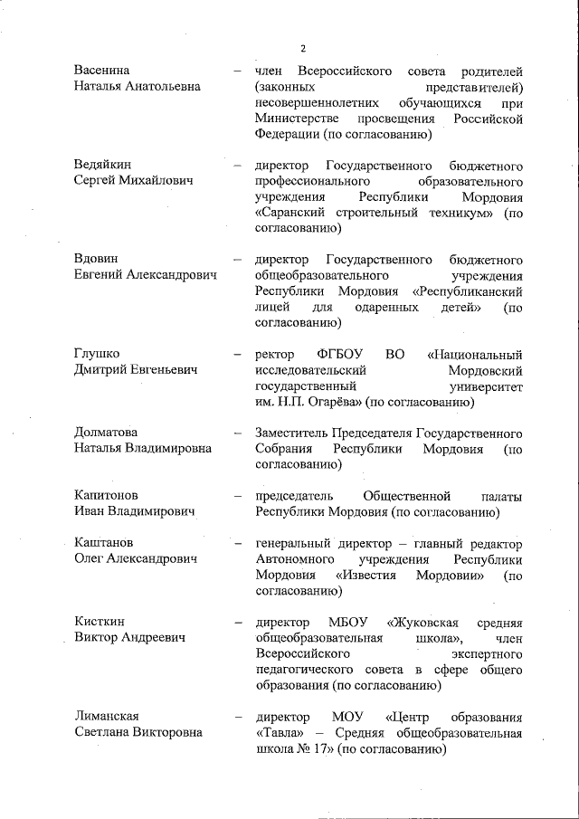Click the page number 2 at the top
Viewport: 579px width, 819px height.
coord(304,48)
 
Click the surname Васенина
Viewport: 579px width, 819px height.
coord(101,71)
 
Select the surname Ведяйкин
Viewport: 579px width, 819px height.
coord(102,166)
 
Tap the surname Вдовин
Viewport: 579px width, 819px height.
coord(97,259)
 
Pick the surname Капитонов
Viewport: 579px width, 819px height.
coord(106,496)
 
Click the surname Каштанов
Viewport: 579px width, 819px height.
coord(104,543)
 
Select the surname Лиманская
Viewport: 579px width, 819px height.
coord(107,717)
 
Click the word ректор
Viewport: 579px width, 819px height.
coord(274,354)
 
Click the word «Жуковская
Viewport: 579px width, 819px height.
coord(427,622)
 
